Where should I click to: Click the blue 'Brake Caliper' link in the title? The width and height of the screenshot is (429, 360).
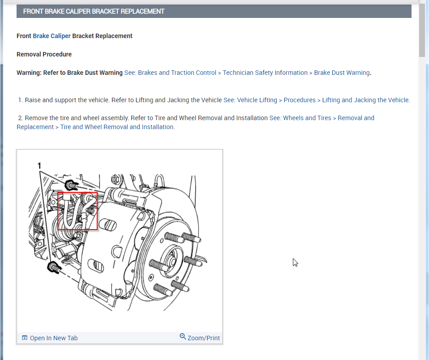51,36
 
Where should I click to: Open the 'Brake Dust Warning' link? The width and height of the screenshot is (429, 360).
342,73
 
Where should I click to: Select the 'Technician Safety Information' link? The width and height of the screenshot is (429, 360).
265,73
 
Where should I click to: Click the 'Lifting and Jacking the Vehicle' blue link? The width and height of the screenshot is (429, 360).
365,100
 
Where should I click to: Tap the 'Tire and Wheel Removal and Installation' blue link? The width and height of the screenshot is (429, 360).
117,127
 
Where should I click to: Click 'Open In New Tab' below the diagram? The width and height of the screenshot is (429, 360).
53,338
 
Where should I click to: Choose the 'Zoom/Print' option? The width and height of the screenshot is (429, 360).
204,338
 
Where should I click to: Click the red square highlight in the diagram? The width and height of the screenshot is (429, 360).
77,211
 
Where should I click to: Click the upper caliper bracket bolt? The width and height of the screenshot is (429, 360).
70,185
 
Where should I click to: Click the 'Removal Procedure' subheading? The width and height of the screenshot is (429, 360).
44,54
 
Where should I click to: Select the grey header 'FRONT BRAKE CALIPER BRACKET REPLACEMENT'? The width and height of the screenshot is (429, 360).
94,11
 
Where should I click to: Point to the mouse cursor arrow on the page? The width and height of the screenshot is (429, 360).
295,262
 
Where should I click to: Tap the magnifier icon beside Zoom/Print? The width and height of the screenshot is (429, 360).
183,337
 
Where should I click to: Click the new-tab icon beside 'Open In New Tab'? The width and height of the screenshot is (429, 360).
25,338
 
